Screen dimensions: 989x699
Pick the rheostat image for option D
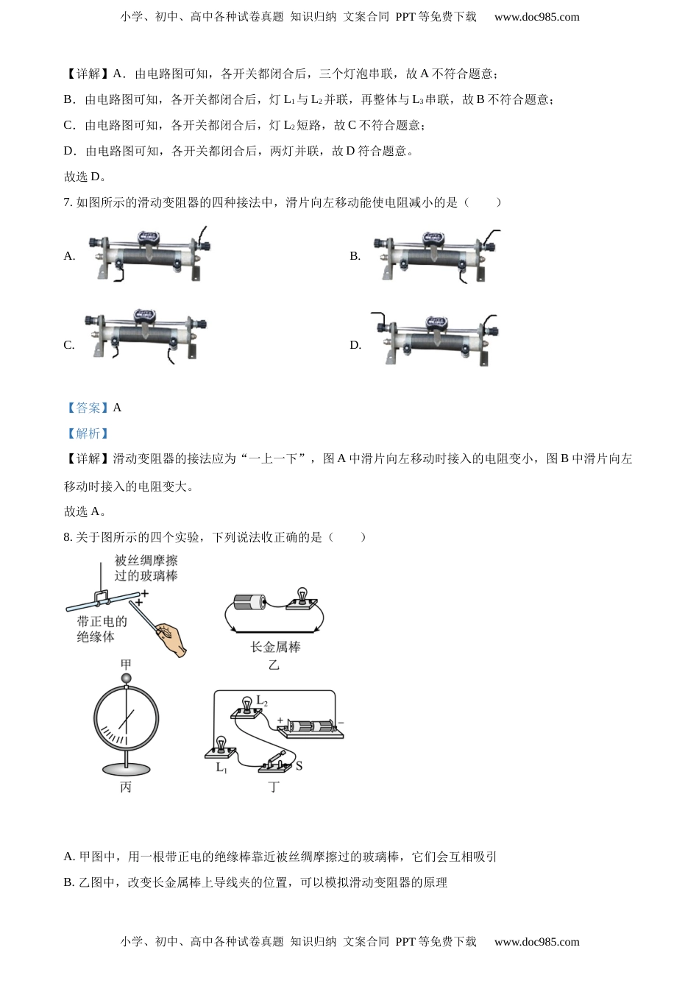click(435, 338)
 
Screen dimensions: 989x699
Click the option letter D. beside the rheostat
click(355, 345)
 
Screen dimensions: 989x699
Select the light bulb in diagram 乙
click(301, 598)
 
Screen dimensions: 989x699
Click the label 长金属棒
click(275, 647)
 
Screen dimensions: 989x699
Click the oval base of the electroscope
click(126, 769)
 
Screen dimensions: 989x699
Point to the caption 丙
click(126, 787)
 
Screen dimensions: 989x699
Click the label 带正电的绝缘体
click(102, 628)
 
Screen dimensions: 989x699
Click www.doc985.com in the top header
click(536, 17)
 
